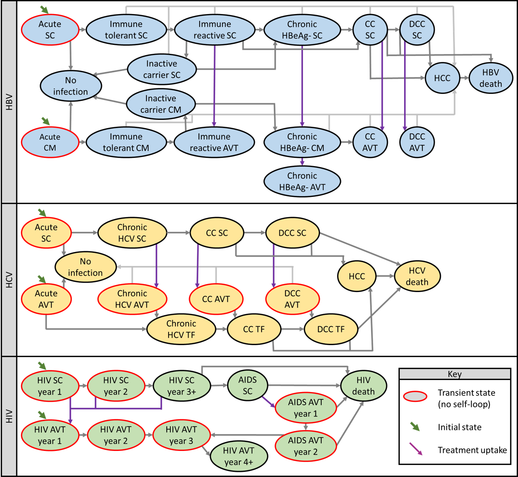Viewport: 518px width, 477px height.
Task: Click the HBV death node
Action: (x=491, y=78)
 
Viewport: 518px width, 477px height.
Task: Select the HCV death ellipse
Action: (x=417, y=276)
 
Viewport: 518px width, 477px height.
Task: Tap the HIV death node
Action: (x=364, y=386)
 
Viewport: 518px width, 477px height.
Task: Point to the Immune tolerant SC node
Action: (x=126, y=30)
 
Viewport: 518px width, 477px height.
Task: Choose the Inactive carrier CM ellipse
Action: (x=161, y=104)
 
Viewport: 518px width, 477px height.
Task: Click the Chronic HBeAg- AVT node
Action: (x=302, y=181)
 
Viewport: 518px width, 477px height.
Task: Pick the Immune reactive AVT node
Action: (x=214, y=142)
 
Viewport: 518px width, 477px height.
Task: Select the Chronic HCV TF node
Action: (x=181, y=329)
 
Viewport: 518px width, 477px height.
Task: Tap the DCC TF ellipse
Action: (x=331, y=329)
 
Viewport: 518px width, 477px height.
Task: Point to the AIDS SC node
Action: (x=247, y=386)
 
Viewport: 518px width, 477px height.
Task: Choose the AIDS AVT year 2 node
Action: (x=306, y=446)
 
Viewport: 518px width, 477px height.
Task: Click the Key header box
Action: (x=454, y=374)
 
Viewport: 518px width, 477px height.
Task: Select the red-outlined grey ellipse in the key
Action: (x=415, y=396)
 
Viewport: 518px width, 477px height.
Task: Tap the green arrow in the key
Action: (x=415, y=427)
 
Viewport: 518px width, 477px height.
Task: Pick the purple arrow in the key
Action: (x=416, y=449)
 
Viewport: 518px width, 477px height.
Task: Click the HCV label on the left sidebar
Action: (x=9, y=280)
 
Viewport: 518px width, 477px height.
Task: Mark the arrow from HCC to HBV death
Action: (x=464, y=78)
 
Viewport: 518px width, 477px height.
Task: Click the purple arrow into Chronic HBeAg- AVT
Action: (x=302, y=162)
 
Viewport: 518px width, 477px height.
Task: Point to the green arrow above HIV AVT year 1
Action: (x=42, y=414)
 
